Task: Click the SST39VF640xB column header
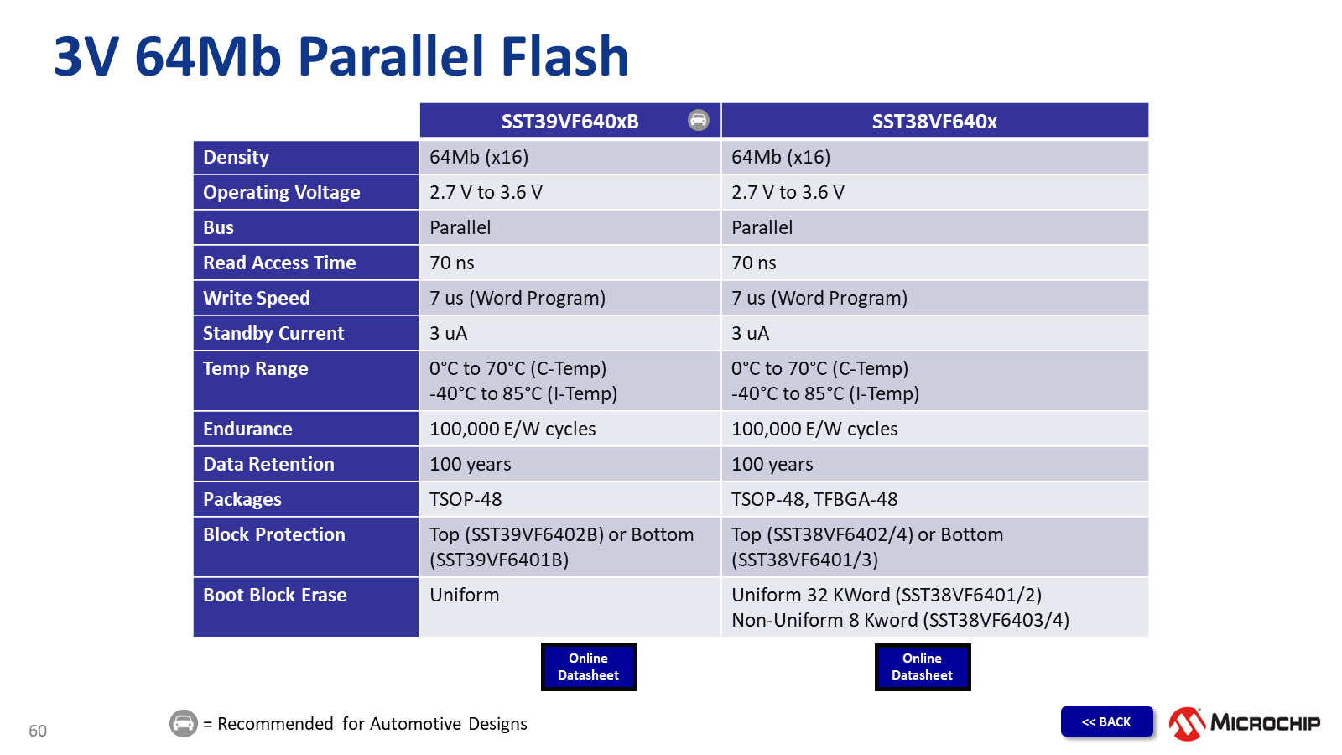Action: (570, 121)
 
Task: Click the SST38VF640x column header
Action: (934, 121)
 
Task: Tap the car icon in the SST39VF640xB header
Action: (699, 120)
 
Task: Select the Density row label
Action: (237, 157)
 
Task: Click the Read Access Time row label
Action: (279, 263)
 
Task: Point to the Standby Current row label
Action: (273, 333)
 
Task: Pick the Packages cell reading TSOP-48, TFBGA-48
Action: (814, 499)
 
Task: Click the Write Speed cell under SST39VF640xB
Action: (517, 298)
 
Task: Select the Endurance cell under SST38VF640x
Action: (814, 429)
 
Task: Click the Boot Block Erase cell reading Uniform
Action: (465, 595)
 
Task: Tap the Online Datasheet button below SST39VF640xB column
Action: (589, 667)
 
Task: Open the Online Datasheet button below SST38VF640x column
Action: (923, 667)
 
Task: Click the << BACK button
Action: (1106, 721)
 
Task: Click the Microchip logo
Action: (1245, 723)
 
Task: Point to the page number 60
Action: (38, 731)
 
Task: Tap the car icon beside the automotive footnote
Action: (184, 723)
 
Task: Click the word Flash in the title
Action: (564, 57)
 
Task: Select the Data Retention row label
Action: (268, 464)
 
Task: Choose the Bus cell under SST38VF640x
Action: (762, 227)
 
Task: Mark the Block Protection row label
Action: (273, 534)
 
